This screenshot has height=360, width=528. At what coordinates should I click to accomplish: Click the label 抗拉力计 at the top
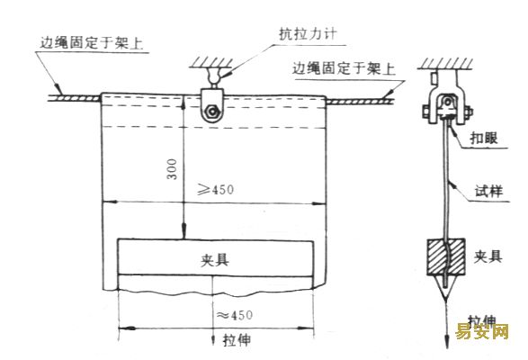pyautogui.click(x=308, y=34)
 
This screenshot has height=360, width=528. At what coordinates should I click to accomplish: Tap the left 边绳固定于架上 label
pyautogui.click(x=91, y=43)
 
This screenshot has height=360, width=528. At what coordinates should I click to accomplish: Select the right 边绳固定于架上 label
pyautogui.click(x=343, y=68)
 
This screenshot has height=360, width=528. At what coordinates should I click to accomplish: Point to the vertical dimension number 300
pyautogui.click(x=172, y=169)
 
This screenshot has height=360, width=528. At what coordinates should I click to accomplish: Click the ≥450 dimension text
pyautogui.click(x=216, y=189)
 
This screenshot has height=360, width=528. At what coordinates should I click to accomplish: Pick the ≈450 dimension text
pyautogui.click(x=235, y=315)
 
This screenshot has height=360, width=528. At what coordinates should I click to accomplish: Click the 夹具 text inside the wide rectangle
pyautogui.click(x=215, y=260)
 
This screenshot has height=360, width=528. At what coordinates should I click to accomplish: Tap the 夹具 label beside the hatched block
pyautogui.click(x=488, y=256)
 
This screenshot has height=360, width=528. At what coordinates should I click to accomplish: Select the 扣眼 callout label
pyautogui.click(x=484, y=139)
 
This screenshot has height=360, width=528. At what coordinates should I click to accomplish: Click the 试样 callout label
pyautogui.click(x=489, y=192)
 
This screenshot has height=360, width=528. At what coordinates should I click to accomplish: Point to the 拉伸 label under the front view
pyautogui.click(x=237, y=340)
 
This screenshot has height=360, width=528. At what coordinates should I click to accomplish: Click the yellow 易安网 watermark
pyautogui.click(x=482, y=331)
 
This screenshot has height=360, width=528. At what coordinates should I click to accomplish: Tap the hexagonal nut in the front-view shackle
pyautogui.click(x=212, y=112)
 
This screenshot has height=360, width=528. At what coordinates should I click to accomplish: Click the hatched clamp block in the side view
pyautogui.click(x=446, y=256)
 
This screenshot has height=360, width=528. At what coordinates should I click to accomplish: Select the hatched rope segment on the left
pyautogui.click(x=75, y=98)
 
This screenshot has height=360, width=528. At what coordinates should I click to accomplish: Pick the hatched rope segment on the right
pyautogui.click(x=361, y=101)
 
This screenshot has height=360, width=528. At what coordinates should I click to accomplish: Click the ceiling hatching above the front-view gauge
pyautogui.click(x=211, y=63)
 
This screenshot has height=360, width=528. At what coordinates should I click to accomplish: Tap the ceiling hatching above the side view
pyautogui.click(x=445, y=64)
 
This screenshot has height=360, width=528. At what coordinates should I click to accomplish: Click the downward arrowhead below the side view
pyautogui.click(x=447, y=343)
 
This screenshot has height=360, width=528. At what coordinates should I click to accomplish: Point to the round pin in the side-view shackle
pyautogui.click(x=448, y=102)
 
